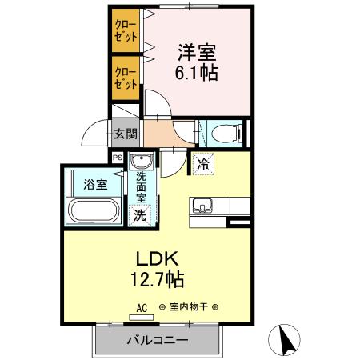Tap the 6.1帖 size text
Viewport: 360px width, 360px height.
[196, 73]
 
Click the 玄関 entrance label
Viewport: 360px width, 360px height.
[124, 134]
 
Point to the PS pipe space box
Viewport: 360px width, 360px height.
[118, 158]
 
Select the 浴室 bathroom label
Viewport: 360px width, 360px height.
[95, 185]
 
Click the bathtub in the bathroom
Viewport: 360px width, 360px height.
[94, 211]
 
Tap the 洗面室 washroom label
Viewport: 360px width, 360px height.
[142, 186]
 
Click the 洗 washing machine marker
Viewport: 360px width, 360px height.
[140, 214]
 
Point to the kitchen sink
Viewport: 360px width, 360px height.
[202, 206]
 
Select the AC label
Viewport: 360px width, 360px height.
[142, 307]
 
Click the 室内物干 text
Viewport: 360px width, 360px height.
[188, 307]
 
